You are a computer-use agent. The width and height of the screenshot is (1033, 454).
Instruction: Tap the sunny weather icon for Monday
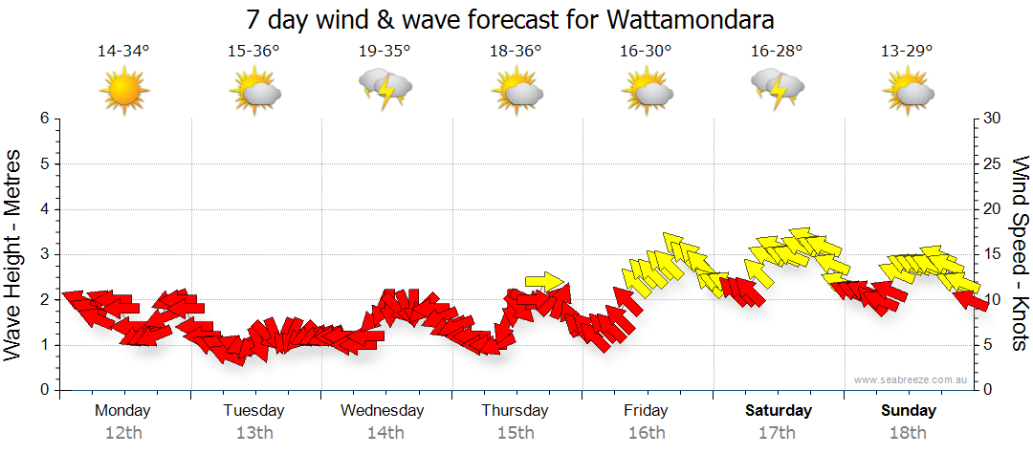(x=124, y=92)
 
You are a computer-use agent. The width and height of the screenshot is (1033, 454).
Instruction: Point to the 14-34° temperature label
(x=123, y=52)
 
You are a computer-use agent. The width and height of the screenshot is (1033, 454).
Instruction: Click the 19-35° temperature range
(x=385, y=52)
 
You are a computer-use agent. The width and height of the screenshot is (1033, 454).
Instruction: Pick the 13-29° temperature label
(x=908, y=52)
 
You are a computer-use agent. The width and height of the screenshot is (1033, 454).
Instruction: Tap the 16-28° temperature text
(x=777, y=52)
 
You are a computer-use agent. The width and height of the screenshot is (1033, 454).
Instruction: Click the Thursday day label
(x=515, y=411)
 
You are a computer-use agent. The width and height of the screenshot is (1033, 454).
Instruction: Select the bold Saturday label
(x=778, y=411)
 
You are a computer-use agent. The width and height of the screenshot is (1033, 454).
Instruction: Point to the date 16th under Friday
(x=647, y=433)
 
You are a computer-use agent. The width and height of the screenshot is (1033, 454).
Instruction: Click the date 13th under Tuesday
(x=253, y=433)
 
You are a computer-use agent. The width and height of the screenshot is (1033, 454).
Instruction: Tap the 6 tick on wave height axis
(x=44, y=119)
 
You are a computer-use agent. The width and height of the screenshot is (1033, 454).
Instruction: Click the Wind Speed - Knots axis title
(x=1020, y=254)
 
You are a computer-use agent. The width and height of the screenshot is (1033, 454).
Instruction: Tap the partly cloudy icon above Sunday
(x=909, y=92)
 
